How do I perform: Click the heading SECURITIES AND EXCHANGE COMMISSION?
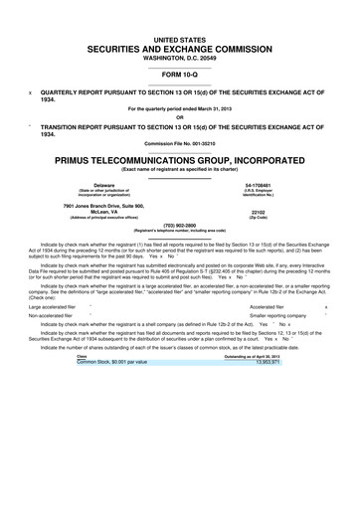coord(179,47)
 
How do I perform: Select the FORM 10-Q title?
coord(179,75)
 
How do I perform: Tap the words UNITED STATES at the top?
coord(179,36)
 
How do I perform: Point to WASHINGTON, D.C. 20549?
coord(179,57)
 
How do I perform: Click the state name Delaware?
coord(103,186)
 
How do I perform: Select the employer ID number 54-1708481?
coord(259,186)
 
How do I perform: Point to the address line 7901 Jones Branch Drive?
coord(103,205)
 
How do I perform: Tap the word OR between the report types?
coord(179,116)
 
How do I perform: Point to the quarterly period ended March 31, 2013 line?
coord(179,107)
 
